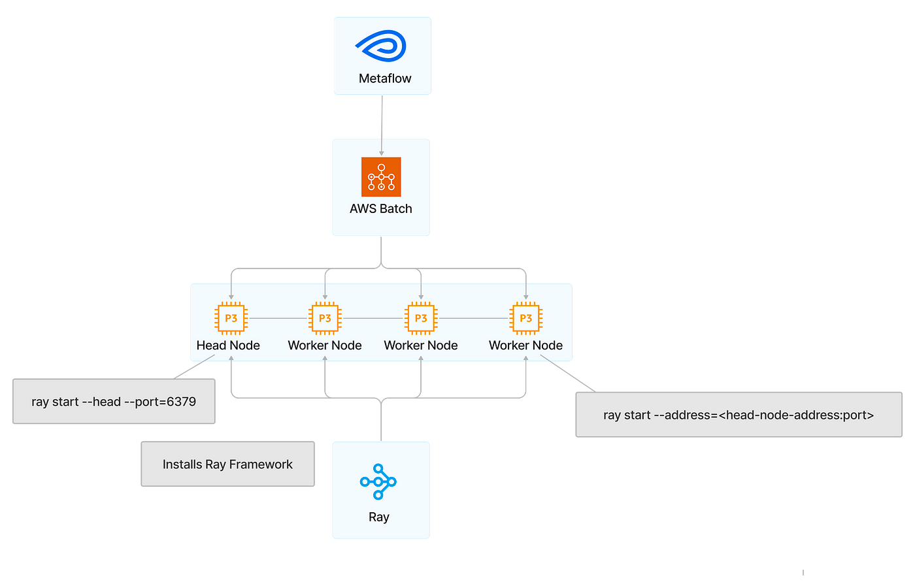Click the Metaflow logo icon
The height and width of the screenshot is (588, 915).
[x=381, y=47]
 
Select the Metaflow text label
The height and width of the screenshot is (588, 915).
[x=385, y=78]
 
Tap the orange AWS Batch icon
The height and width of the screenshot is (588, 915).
[x=381, y=177]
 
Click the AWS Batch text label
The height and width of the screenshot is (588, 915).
[x=381, y=209]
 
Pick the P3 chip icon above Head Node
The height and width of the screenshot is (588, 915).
[x=231, y=318]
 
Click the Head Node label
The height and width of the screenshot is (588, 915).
[x=228, y=346]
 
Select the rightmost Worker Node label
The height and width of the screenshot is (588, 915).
[x=525, y=346]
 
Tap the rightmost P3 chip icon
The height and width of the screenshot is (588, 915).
[x=525, y=318]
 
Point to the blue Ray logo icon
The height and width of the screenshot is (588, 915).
[x=378, y=482]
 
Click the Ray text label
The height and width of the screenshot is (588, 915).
[x=378, y=517]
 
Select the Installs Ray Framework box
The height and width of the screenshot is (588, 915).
[x=227, y=465]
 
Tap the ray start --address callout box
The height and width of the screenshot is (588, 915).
[x=739, y=415]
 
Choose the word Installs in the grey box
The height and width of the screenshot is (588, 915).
[x=182, y=465]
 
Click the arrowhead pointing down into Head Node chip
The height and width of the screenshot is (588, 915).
[x=231, y=297]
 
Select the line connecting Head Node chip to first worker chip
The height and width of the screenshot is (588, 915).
[x=278, y=318]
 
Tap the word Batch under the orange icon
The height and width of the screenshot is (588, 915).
[x=397, y=209]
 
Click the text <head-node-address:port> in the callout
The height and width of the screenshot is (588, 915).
[x=796, y=415]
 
